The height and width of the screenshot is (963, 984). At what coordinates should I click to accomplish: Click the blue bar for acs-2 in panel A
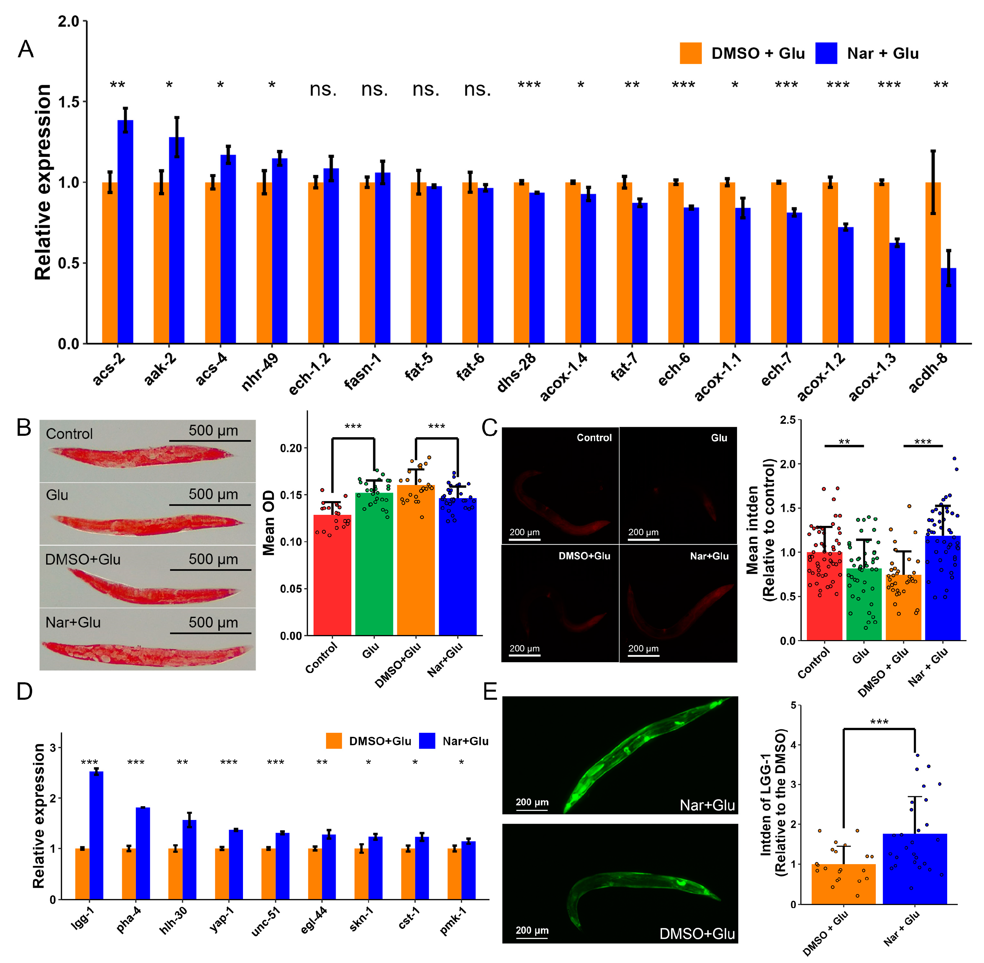125,233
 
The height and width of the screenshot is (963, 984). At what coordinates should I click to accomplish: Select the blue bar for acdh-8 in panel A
948,306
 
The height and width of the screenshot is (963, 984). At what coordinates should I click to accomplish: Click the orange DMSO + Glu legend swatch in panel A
690,53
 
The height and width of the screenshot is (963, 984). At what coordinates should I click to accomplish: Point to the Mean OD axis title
269,523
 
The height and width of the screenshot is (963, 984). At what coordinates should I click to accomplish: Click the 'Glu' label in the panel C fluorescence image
719,438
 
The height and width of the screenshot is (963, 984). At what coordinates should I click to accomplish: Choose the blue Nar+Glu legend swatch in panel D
427,741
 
